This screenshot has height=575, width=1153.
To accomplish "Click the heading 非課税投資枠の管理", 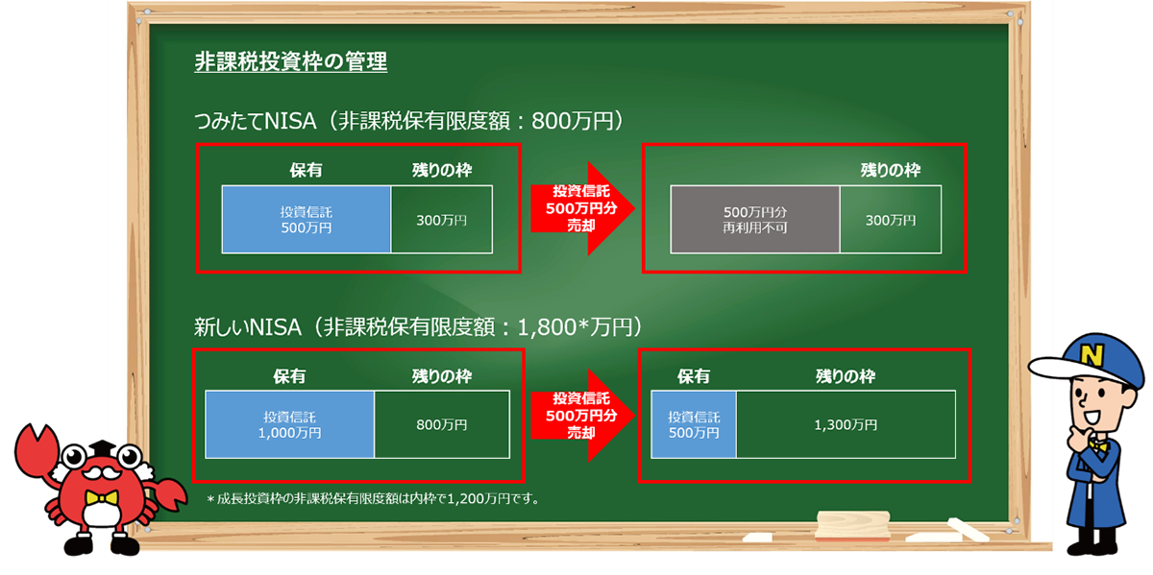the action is click(x=290, y=61).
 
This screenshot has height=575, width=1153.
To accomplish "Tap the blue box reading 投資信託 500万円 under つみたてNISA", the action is click(x=307, y=220).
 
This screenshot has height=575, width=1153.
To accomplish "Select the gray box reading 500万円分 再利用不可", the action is click(x=755, y=220).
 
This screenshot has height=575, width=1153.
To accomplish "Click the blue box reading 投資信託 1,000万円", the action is click(x=290, y=425).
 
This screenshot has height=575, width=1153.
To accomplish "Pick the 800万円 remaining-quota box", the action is click(x=442, y=425).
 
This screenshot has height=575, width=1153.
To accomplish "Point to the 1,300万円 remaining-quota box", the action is click(x=846, y=425).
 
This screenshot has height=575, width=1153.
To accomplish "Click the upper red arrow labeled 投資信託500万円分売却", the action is click(x=582, y=208).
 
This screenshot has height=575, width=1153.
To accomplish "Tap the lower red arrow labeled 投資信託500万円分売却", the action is click(x=582, y=415).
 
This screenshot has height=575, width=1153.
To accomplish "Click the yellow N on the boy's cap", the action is click(x=1091, y=355).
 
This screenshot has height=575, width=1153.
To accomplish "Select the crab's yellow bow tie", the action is click(x=102, y=497).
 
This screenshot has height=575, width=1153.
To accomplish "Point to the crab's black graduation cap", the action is click(x=103, y=447).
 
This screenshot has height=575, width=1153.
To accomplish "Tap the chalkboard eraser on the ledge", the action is click(x=852, y=525).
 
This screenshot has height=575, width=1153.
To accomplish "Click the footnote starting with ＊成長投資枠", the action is click(x=373, y=499).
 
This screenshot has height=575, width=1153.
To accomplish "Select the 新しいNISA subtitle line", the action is click(x=418, y=327).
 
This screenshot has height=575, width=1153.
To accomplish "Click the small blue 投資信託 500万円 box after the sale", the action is click(x=694, y=425).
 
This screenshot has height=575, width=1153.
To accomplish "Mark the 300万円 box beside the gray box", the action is click(x=891, y=220).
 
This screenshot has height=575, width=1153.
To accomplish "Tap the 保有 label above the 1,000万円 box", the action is click(x=289, y=376).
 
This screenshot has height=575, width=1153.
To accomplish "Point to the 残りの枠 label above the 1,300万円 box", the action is click(x=846, y=376).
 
